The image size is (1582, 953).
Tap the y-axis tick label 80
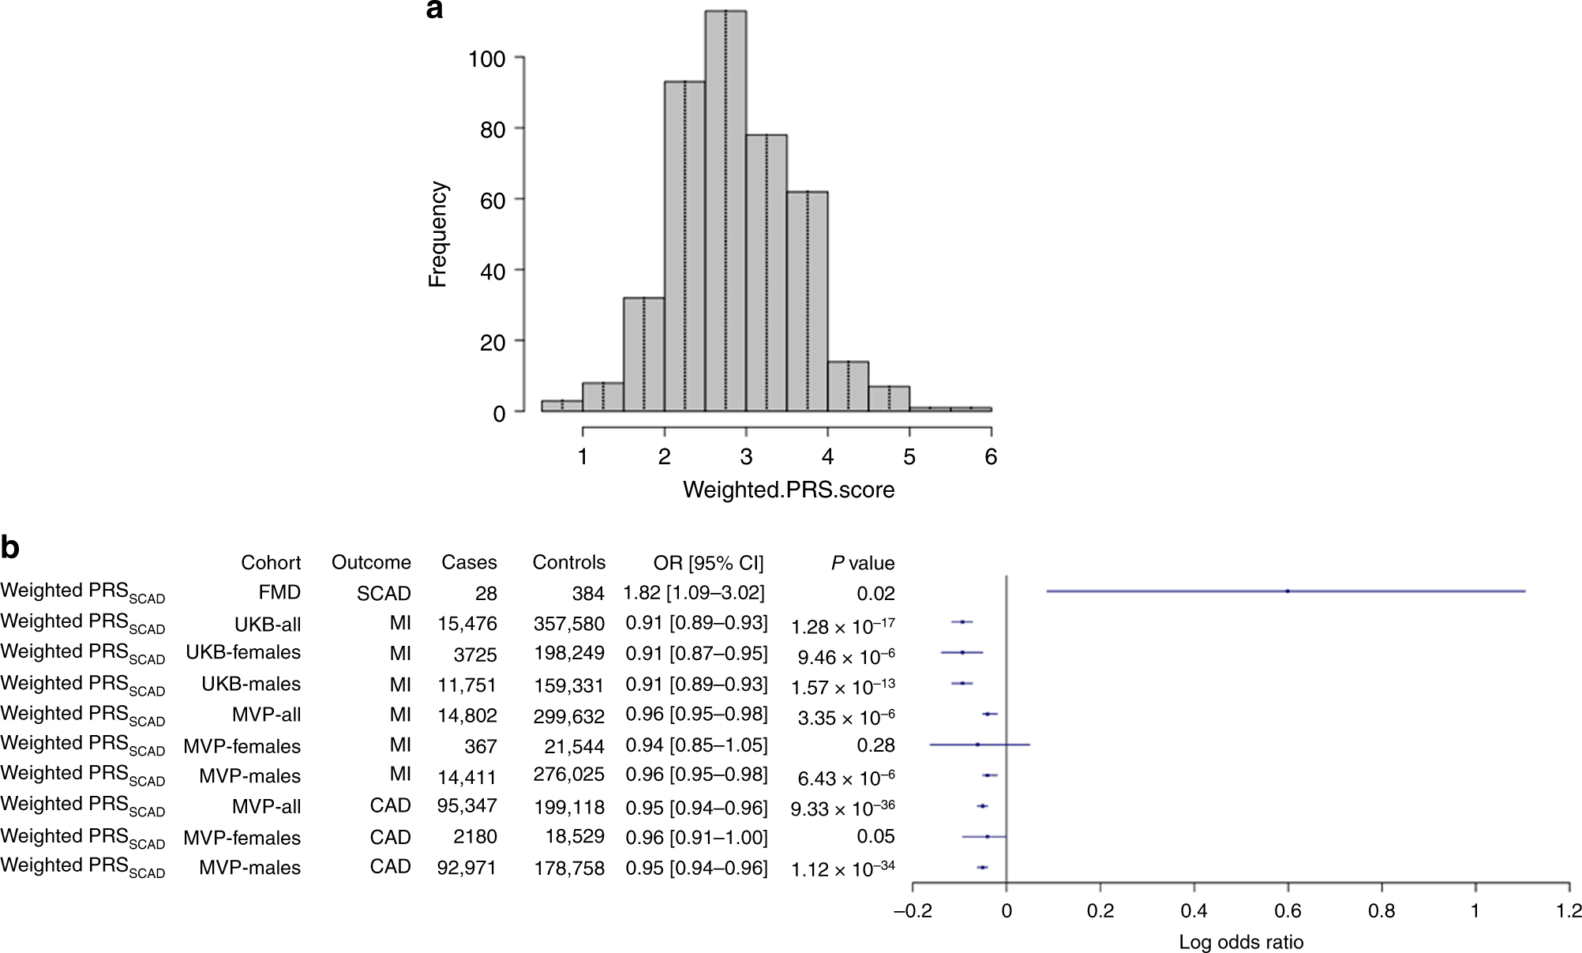tap(493, 129)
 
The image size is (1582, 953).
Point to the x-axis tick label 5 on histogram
tap(909, 456)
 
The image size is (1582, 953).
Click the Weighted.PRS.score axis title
tap(789, 490)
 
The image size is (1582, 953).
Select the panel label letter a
tap(434, 10)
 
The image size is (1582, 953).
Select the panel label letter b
tap(10, 547)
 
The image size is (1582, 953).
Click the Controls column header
tap(568, 562)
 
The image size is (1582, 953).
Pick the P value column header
tap(862, 563)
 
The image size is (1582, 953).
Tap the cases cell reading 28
tap(485, 593)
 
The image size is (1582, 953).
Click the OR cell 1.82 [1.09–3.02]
tap(694, 592)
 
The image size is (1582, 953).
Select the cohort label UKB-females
tap(243, 652)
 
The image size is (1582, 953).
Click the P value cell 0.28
tap(875, 745)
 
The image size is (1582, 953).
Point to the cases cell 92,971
tap(467, 868)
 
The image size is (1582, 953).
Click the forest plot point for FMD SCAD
tap(1287, 591)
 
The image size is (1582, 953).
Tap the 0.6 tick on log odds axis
tap(1288, 910)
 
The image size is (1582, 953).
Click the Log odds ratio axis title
tap(1241, 942)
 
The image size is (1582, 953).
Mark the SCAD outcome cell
tap(384, 593)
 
